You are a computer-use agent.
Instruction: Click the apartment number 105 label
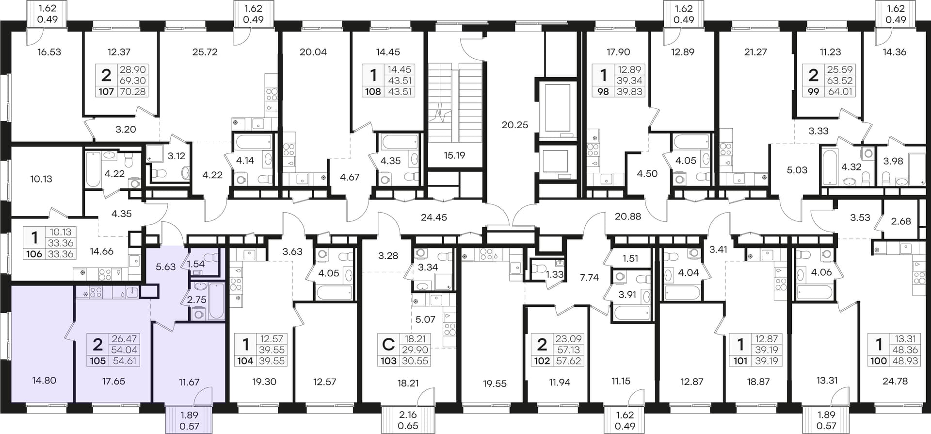97,361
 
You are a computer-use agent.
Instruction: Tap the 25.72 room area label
205,52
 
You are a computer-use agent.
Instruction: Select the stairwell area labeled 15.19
454,155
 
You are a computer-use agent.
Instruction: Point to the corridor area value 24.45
434,217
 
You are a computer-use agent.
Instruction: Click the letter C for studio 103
388,344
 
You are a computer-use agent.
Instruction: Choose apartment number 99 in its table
813,91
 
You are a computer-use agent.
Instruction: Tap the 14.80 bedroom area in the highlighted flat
44,381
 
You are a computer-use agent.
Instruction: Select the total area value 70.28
132,91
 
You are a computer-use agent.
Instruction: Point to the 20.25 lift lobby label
515,125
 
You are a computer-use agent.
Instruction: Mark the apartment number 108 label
373,91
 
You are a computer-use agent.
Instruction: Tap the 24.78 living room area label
895,381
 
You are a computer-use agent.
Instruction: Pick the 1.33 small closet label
555,274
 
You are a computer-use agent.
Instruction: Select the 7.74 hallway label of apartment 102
589,278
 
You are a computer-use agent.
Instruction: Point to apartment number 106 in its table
34,254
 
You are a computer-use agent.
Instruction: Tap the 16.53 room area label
49,52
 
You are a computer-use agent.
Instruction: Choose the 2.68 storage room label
901,221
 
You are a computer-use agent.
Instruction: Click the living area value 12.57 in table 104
272,339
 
